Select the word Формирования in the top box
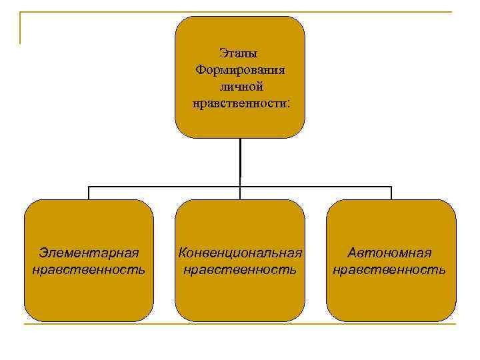click(x=240, y=69)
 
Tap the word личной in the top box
click(x=240, y=87)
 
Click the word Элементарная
click(x=89, y=253)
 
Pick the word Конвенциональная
click(x=240, y=253)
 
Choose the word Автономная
click(x=391, y=253)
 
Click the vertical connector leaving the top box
click(x=240, y=160)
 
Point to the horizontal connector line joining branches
click(x=167, y=186)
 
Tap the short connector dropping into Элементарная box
click(x=89, y=193)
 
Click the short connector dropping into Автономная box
click(x=391, y=193)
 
